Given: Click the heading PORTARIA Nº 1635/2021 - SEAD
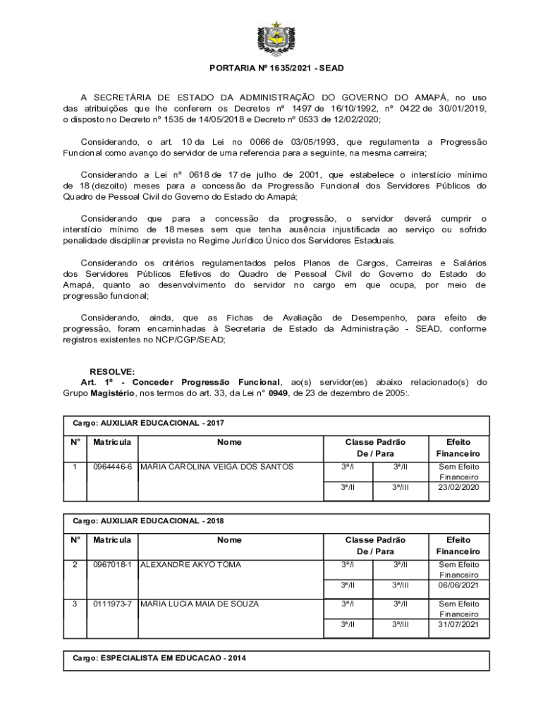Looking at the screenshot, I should point(276,68).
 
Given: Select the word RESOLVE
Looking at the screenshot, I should point(111,371).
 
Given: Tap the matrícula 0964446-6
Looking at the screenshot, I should point(112,467).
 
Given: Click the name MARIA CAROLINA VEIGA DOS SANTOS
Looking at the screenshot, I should point(217,467).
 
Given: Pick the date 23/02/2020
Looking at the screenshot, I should point(458,487).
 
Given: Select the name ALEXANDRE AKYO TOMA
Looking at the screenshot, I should point(190,565).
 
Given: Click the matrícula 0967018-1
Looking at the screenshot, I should point(112,565).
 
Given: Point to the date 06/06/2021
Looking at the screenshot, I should point(458,585).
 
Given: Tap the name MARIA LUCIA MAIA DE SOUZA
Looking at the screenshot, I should point(200,604).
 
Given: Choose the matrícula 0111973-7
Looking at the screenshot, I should point(112,604).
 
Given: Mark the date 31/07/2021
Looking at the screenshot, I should point(458,624).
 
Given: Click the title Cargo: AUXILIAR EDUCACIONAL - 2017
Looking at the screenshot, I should point(148,423).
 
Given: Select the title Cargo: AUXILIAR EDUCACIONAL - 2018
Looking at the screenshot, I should point(148,521).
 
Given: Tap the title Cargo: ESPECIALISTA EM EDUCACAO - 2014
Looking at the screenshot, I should point(159,658).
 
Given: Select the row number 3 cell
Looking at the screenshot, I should point(75,604).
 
